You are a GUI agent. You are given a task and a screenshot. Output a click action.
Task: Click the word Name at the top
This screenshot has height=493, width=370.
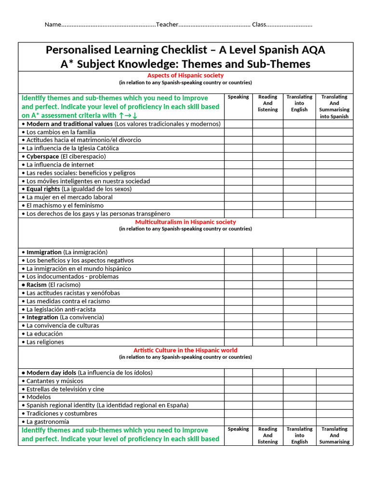[x=53, y=25]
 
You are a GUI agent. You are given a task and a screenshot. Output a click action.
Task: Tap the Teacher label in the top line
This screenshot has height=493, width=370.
[x=167, y=25]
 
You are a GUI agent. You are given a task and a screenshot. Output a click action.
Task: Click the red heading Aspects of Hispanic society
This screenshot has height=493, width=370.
[x=185, y=76]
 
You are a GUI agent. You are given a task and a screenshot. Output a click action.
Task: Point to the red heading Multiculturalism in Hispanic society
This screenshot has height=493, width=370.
[x=185, y=222]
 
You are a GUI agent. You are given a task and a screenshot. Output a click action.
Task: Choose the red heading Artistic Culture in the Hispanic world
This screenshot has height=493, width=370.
[x=185, y=350]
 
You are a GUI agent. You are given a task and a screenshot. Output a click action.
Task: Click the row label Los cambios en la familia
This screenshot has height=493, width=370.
[x=61, y=132]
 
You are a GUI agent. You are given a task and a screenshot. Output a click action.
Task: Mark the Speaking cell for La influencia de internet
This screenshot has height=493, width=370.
[x=238, y=165]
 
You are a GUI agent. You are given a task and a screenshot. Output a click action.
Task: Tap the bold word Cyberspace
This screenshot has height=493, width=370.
[x=42, y=156]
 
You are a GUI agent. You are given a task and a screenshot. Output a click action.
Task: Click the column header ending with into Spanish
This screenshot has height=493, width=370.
[x=334, y=106]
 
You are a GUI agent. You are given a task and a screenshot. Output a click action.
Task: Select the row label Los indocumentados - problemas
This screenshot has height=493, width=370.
[x=72, y=277]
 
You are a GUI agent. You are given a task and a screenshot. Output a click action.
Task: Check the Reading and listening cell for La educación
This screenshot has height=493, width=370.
[x=267, y=334]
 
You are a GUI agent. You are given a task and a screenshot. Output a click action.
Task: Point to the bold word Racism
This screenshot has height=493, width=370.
[x=37, y=285]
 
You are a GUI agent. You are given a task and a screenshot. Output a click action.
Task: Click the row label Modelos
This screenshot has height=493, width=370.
[x=39, y=397]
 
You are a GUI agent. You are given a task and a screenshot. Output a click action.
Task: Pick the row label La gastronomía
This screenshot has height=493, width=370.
[x=48, y=422]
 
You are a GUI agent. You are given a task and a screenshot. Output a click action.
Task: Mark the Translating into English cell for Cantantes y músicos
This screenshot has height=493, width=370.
[x=299, y=381]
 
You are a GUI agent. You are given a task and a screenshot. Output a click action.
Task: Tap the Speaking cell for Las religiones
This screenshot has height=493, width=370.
[x=238, y=342]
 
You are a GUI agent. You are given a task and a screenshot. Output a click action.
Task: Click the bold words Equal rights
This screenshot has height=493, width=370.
[x=43, y=189]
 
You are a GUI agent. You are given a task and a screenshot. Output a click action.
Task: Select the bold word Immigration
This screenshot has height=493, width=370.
[x=44, y=252]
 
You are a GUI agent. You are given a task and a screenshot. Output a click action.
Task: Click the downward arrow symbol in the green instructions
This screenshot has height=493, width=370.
[x=135, y=115]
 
